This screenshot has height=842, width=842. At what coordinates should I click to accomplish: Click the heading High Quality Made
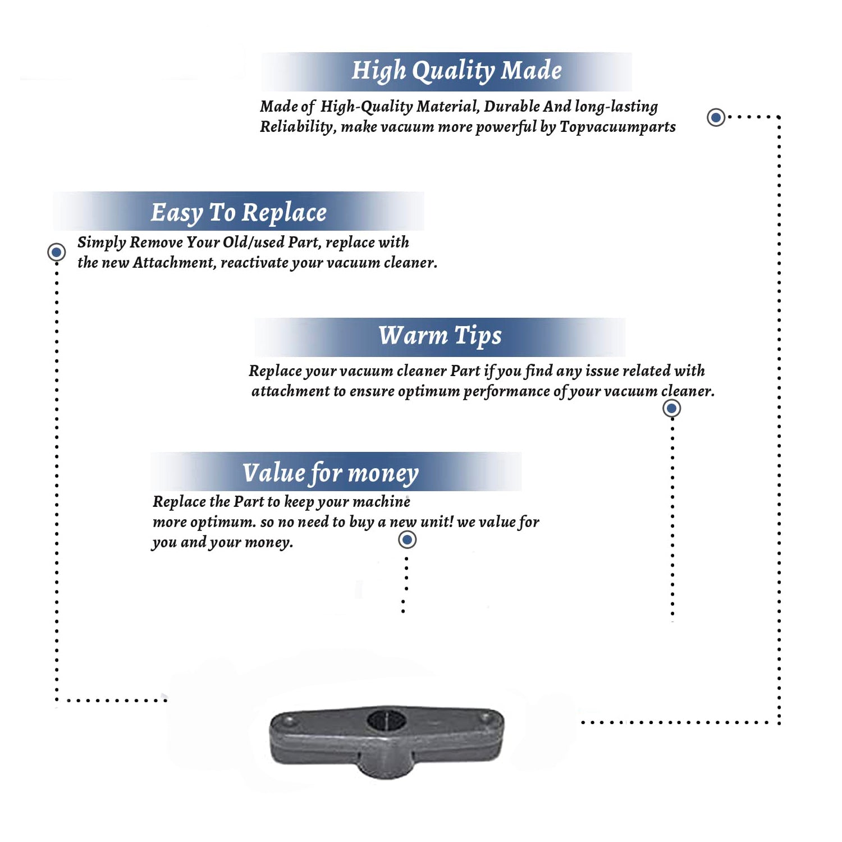point(456,71)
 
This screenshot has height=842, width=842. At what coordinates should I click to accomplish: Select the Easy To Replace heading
point(239,213)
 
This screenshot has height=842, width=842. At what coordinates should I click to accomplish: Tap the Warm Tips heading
point(440,336)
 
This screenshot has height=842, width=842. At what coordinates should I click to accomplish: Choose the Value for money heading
point(331,473)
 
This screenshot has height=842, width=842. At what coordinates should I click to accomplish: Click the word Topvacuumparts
point(617,127)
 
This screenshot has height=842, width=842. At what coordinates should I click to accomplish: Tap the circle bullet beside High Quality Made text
point(716,117)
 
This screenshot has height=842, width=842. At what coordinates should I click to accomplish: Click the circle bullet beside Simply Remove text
point(56,252)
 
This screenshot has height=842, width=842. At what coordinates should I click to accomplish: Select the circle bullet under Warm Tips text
point(671,408)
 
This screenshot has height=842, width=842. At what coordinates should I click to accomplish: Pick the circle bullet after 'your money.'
point(407,540)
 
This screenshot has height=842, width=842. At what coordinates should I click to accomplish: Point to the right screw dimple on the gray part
point(485,718)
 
